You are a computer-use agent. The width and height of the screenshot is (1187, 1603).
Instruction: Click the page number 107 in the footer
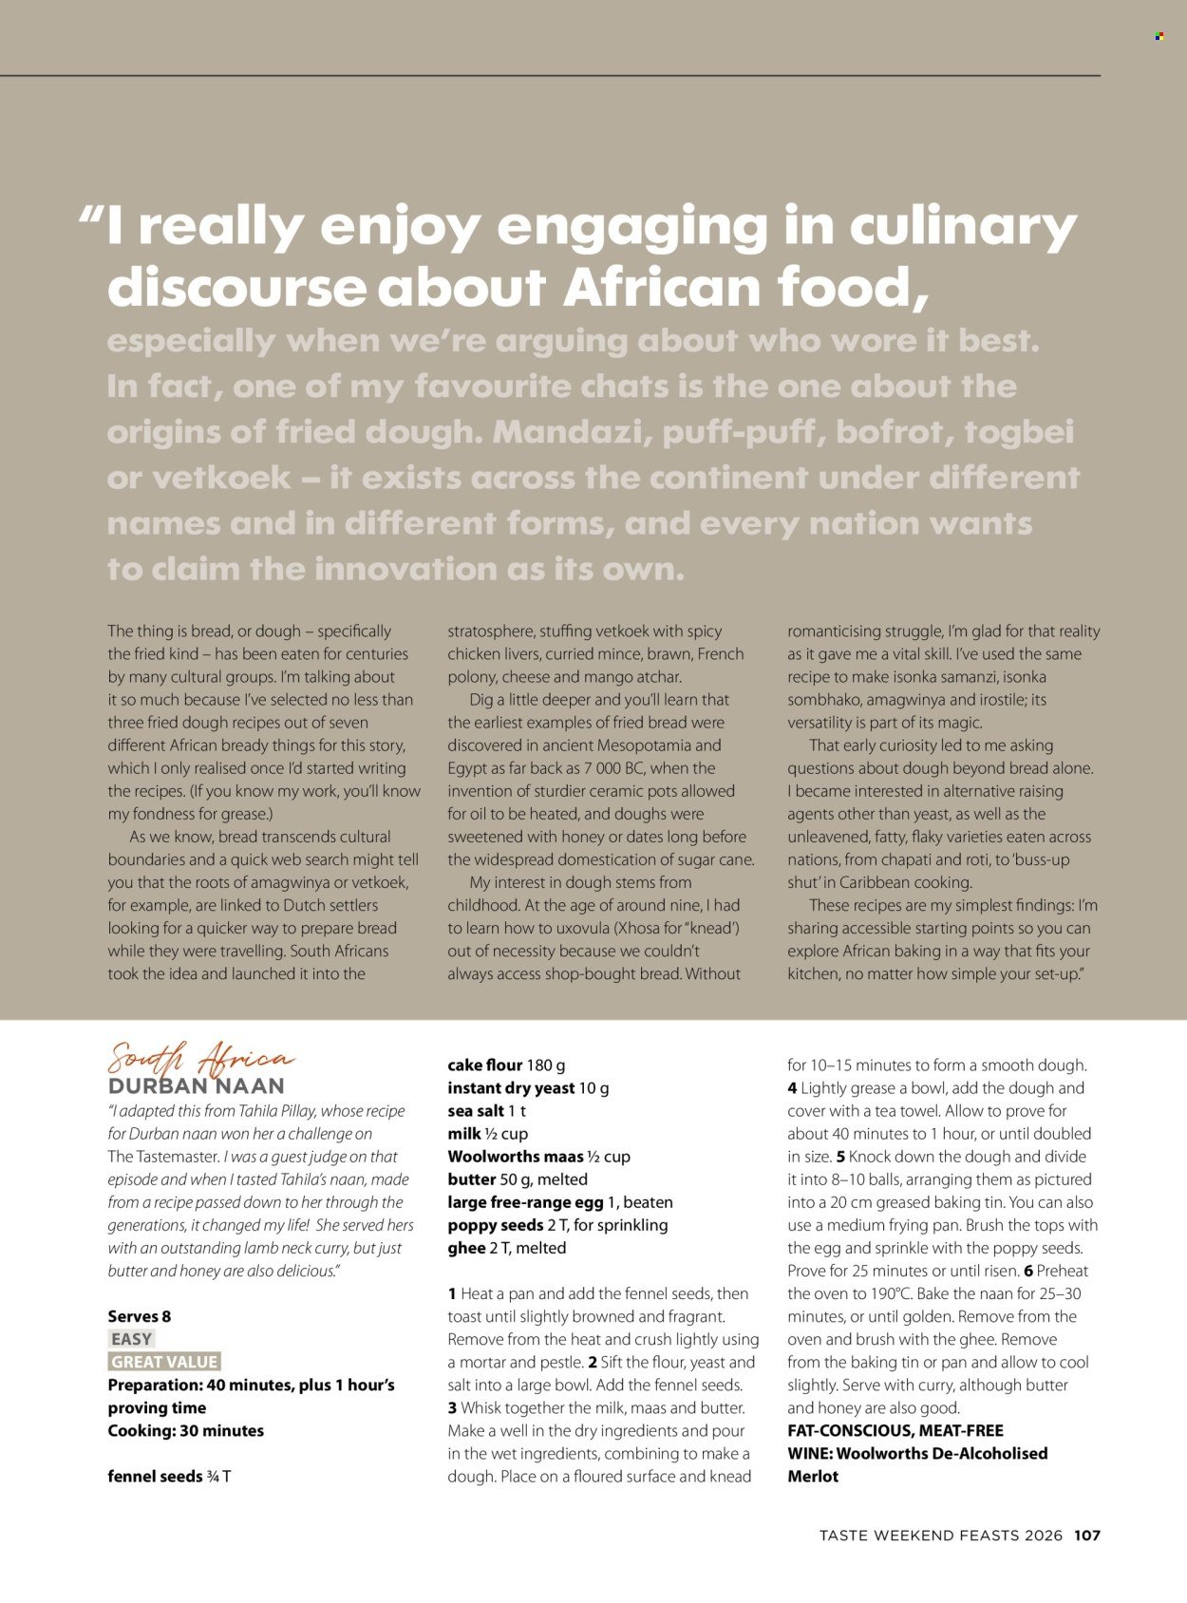pyautogui.click(x=1087, y=1536)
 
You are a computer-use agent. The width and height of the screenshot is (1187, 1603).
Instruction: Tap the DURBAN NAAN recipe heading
pyautogui.click(x=196, y=1086)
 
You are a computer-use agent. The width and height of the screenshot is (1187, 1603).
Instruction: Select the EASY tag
pyautogui.click(x=131, y=1339)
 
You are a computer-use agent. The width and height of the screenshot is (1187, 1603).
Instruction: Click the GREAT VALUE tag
pyautogui.click(x=164, y=1362)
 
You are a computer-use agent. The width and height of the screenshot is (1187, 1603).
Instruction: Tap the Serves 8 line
pyautogui.click(x=140, y=1316)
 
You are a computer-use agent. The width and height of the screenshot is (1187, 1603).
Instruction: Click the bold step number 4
pyautogui.click(x=792, y=1088)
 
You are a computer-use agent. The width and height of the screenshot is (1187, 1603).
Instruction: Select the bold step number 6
pyautogui.click(x=1027, y=1271)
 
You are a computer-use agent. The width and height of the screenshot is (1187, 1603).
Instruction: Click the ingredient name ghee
pyautogui.click(x=466, y=1248)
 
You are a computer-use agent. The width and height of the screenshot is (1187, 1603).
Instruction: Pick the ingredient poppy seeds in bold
pyautogui.click(x=495, y=1225)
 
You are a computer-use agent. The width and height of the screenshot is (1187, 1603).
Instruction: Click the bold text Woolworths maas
pyautogui.click(x=516, y=1157)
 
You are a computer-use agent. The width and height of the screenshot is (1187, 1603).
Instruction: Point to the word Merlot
pyautogui.click(x=813, y=1477)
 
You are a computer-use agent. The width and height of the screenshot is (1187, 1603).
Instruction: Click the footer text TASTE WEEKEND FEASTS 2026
pyautogui.click(x=940, y=1536)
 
